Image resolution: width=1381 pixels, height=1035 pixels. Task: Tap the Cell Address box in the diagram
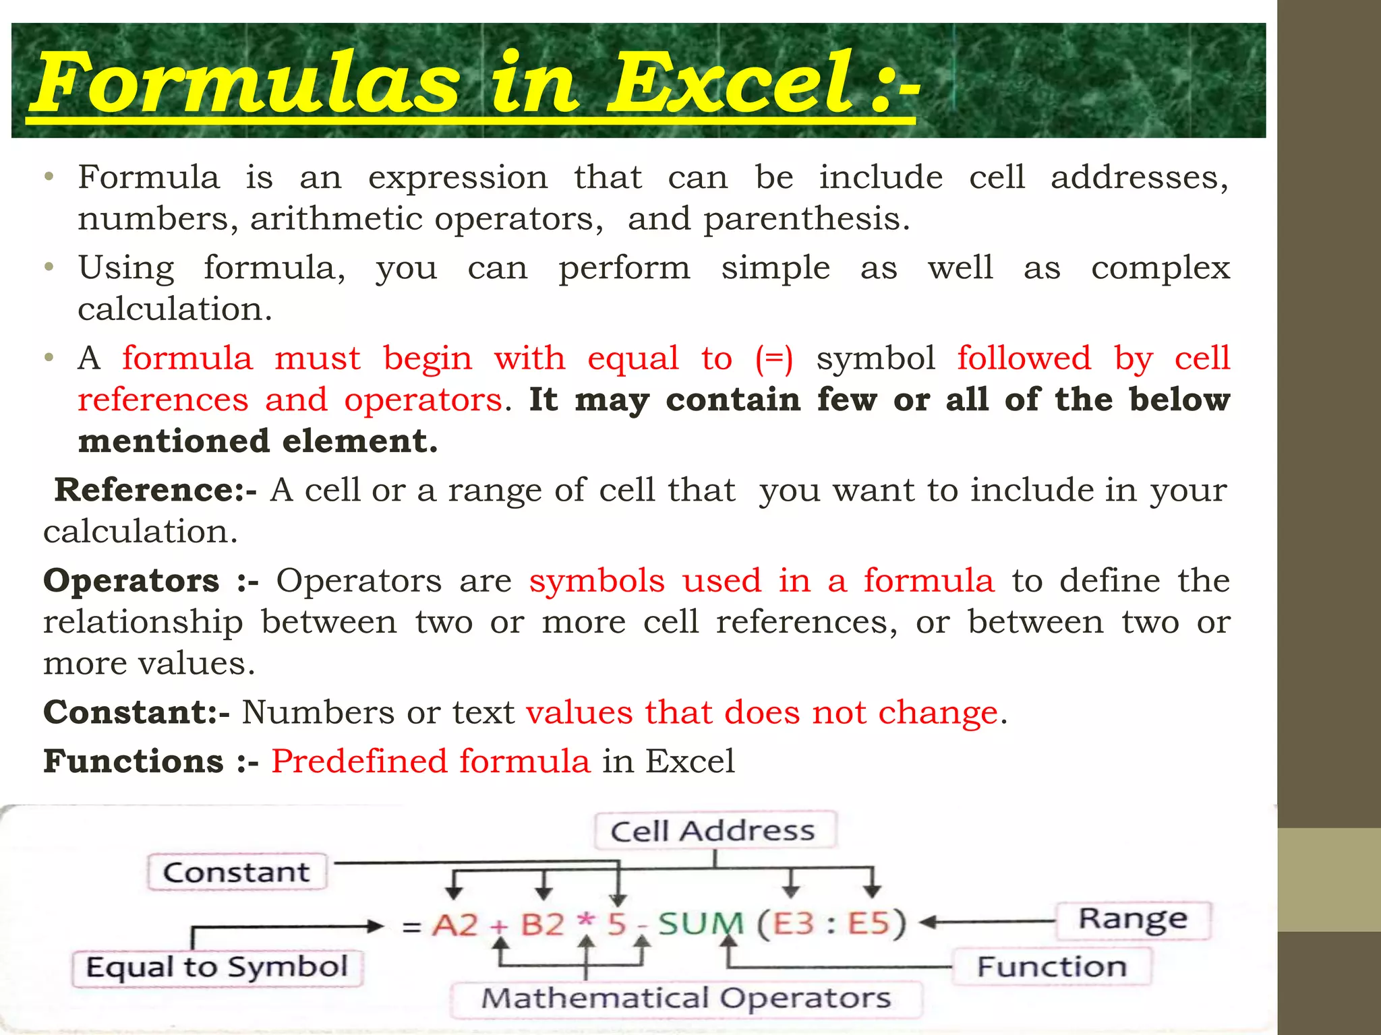point(713,831)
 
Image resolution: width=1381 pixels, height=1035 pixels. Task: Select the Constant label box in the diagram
point(237,873)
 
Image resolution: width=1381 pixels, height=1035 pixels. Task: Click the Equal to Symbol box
point(217,968)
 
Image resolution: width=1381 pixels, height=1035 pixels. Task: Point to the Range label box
point(1133,919)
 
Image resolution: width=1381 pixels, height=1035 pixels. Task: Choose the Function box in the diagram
point(1051,967)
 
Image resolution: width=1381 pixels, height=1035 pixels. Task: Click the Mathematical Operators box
point(686,998)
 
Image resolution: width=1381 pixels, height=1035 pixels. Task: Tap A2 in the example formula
point(455,924)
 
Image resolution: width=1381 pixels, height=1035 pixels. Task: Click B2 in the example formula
point(542,924)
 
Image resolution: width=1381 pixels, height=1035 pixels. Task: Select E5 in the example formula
point(869,923)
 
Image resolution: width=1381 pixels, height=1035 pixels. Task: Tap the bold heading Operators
point(131,581)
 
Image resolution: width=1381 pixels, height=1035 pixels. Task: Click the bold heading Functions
point(134,761)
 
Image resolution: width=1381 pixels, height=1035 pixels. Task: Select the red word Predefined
point(359,761)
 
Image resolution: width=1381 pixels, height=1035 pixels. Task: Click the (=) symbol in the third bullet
point(773,358)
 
